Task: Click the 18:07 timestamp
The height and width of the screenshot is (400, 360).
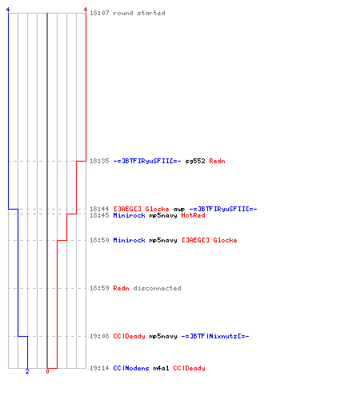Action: click(99, 13)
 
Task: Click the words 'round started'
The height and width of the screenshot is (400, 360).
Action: click(139, 13)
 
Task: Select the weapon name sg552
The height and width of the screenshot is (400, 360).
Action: click(195, 161)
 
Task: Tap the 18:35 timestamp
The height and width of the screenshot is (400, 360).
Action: click(99, 161)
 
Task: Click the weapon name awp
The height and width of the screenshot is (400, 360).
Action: click(179, 210)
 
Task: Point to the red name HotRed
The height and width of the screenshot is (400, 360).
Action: click(193, 215)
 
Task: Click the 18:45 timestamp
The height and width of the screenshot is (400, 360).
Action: click(99, 215)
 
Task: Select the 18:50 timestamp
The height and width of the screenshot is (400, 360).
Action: click(99, 240)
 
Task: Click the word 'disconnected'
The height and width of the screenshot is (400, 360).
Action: click(158, 288)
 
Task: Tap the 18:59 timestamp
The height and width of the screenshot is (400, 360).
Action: click(99, 288)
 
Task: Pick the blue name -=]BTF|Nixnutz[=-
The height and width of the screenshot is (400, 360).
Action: click(215, 336)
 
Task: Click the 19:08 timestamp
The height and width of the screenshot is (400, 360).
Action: click(99, 336)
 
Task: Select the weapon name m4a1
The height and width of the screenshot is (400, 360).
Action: click(161, 368)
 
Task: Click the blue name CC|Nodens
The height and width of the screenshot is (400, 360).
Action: click(131, 368)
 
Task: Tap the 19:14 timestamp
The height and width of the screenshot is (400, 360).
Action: click(99, 368)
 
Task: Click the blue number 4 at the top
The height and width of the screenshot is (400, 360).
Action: click(8, 10)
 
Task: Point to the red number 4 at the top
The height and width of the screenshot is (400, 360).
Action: click(86, 10)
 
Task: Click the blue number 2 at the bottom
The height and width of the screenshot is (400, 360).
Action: click(27, 371)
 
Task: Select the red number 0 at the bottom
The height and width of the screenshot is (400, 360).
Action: click(47, 371)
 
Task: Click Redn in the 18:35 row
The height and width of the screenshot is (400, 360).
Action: click(217, 161)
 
